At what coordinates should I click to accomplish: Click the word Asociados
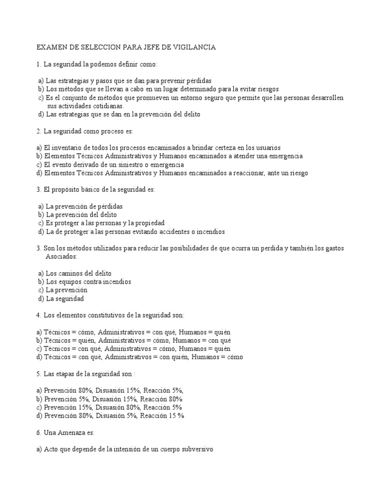(x=62, y=256)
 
